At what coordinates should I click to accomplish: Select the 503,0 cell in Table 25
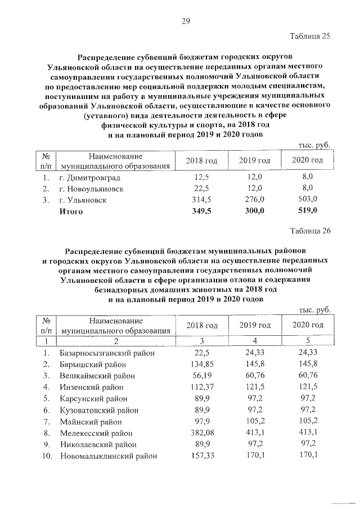(308, 200)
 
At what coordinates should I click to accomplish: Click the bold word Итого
(71, 211)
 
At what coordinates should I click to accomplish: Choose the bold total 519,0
(308, 211)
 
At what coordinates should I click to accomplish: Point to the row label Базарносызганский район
(107, 353)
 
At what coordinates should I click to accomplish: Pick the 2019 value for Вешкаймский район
(255, 376)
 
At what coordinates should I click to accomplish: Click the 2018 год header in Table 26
(201, 325)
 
